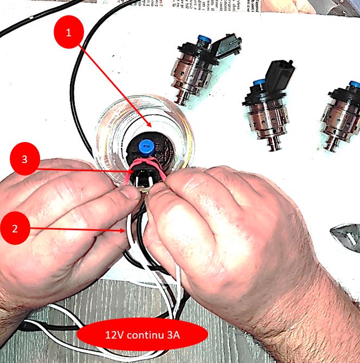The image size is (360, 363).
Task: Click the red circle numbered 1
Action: [x=68, y=32]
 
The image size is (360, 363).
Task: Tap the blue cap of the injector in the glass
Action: [x=146, y=146]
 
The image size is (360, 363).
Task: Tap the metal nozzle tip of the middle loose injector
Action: [x=274, y=145]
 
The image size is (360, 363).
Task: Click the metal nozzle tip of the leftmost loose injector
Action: [x=183, y=100]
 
